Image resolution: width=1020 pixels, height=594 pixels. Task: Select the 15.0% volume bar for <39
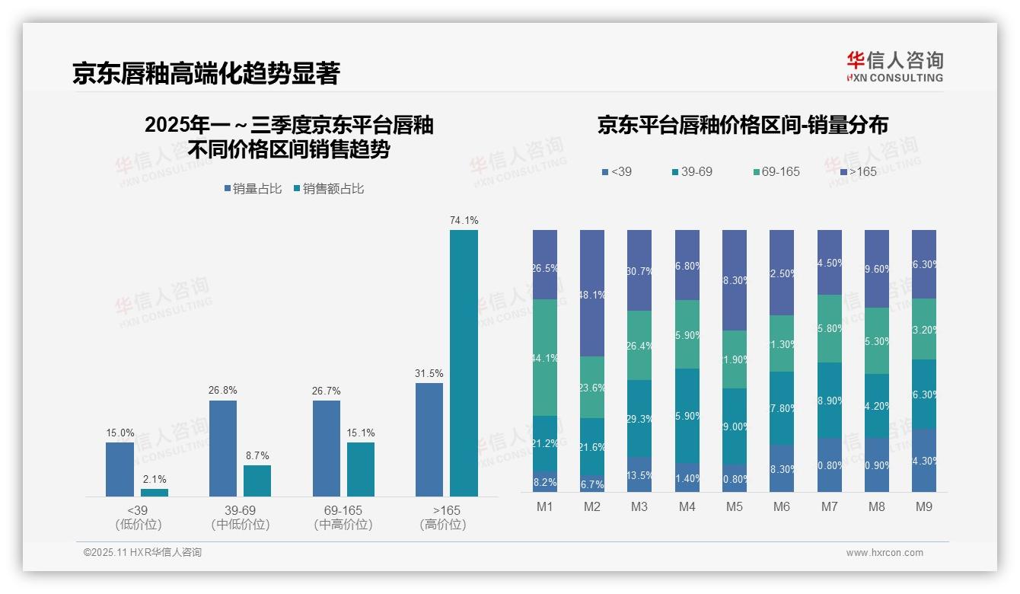click(x=120, y=469)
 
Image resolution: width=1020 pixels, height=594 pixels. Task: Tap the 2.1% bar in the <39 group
click(x=154, y=493)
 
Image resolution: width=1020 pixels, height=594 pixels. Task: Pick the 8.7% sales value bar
click(x=257, y=481)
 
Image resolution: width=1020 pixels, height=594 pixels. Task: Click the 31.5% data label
click(x=429, y=373)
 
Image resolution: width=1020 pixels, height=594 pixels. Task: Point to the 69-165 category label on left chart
click(x=343, y=510)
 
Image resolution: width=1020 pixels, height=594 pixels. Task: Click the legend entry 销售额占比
click(x=328, y=189)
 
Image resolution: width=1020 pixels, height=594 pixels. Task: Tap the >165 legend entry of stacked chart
click(x=859, y=172)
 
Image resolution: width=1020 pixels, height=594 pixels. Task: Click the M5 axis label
click(x=734, y=506)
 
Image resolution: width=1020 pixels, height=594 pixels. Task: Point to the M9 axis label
click(x=923, y=506)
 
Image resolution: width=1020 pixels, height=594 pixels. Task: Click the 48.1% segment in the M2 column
click(x=592, y=293)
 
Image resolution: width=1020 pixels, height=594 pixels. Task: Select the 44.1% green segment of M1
click(x=545, y=357)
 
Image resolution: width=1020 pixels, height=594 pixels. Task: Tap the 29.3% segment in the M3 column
click(x=639, y=418)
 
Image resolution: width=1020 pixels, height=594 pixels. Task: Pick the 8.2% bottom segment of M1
click(x=545, y=482)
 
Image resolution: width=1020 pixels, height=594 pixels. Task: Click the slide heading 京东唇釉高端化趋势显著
click(x=206, y=74)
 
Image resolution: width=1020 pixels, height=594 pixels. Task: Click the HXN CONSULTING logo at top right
click(x=894, y=67)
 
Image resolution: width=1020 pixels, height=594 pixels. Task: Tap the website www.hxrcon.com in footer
click(x=885, y=553)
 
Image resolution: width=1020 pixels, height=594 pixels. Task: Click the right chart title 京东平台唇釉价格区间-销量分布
click(x=742, y=126)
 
